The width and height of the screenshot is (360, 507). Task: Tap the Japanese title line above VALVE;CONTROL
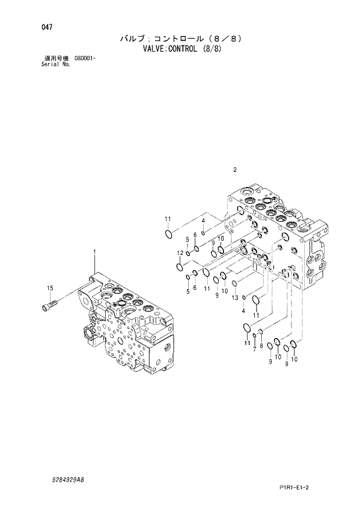180,39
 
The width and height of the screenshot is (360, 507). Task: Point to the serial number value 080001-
85,59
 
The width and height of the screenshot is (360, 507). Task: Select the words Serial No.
52,64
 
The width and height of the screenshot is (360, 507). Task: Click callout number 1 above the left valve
93,251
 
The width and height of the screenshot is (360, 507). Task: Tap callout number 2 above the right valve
235,170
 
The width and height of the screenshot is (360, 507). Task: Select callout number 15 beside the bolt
50,288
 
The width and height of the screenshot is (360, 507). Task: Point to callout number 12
180,253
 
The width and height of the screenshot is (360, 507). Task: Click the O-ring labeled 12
180,267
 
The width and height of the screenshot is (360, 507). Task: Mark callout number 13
235,297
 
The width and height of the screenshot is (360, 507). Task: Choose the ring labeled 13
235,283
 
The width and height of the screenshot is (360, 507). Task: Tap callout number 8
261,346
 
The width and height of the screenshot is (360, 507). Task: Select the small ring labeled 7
254,335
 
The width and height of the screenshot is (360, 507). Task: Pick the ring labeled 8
261,332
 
